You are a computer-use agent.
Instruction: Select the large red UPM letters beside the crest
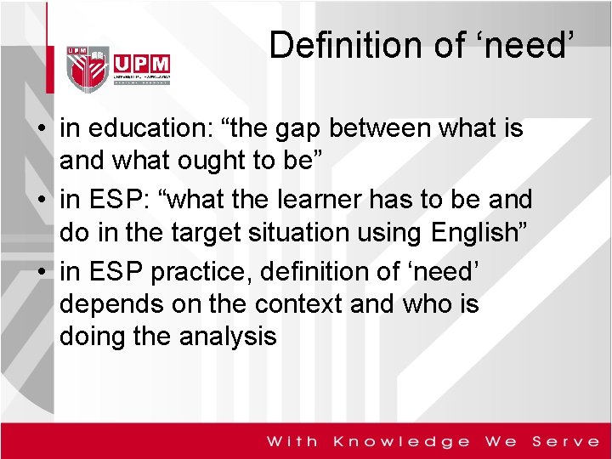(140, 64)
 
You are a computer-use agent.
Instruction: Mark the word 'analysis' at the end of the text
(228, 336)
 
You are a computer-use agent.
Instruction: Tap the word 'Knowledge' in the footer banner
(401, 441)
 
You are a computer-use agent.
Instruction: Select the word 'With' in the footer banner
(293, 441)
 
